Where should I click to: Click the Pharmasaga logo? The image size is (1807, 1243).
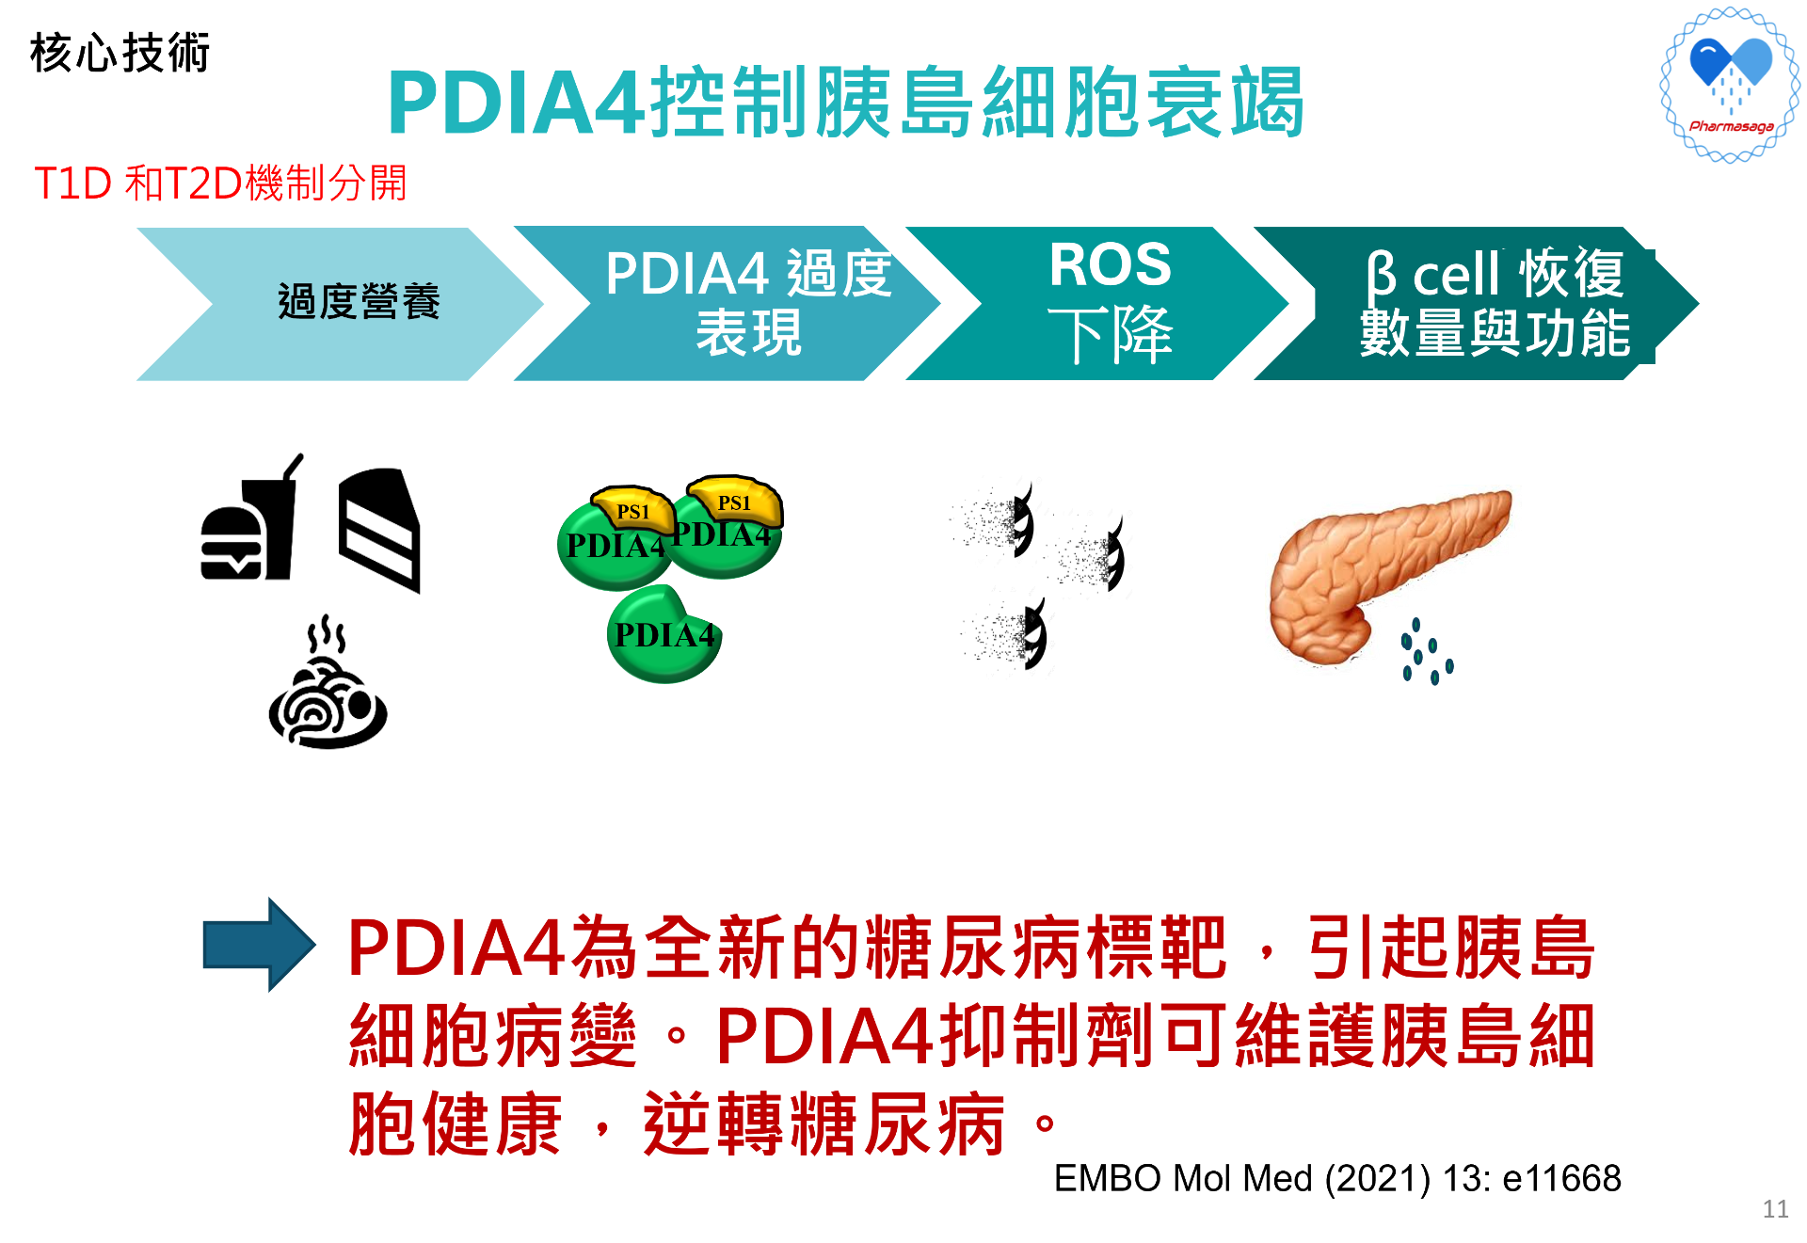1730,85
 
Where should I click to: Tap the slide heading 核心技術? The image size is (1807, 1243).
120,53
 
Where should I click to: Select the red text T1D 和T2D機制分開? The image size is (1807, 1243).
220,183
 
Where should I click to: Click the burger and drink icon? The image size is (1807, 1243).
252,518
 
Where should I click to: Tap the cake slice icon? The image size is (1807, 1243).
379,530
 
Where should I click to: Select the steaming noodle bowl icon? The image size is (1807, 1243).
328,683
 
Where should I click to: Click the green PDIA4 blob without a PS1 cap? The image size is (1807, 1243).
664,634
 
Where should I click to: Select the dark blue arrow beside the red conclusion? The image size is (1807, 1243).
259,945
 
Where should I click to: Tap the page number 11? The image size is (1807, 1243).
1775,1209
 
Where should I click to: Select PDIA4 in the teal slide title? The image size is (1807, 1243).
517,103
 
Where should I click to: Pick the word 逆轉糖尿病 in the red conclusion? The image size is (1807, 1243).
824,1123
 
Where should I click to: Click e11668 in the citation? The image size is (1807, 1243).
1562,1178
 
